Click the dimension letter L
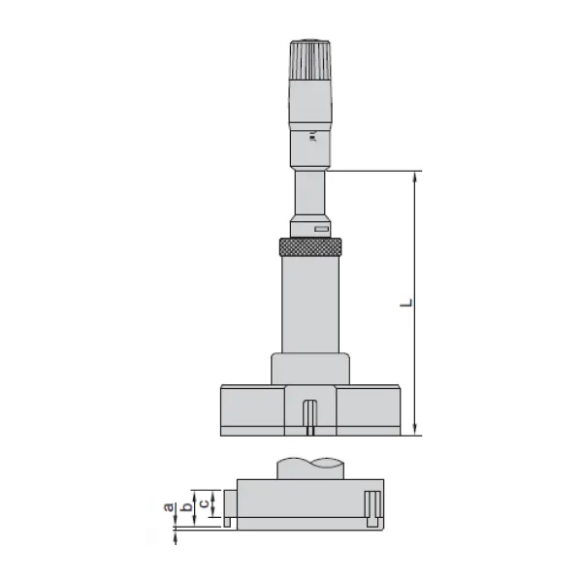pos(408,304)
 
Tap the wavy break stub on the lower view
pos(309,467)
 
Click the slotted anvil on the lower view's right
pos(372,508)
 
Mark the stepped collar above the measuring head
pos(309,369)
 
